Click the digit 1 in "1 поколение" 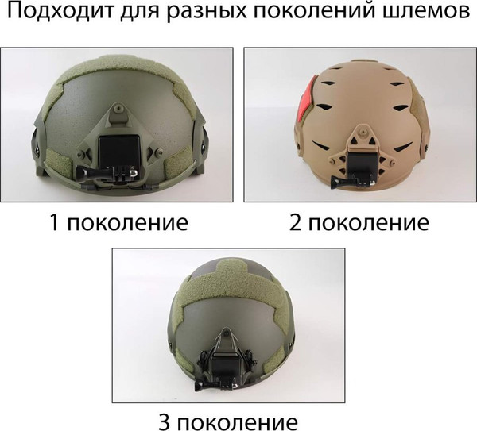[x=54, y=221]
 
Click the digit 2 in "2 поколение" [x=296, y=221]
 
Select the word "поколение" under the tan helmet [x=370, y=221]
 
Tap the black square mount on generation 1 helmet [x=118, y=150]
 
